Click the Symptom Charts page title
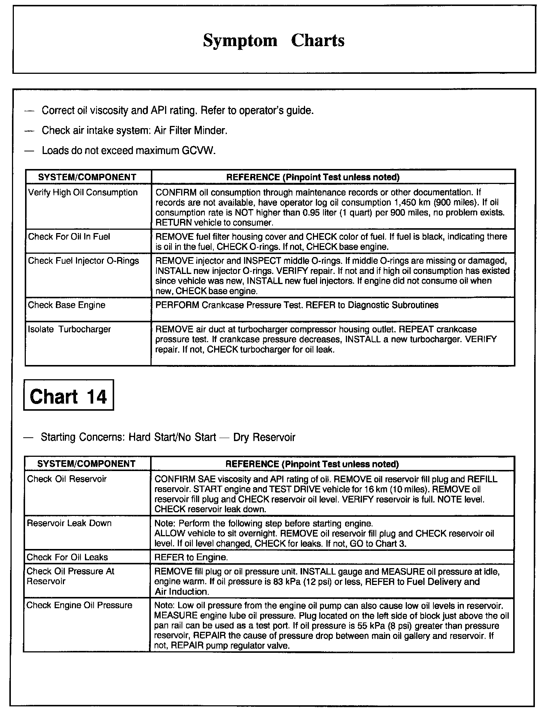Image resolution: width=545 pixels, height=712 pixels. pos(274,40)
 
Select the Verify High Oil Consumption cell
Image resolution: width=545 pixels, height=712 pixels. pos(83,193)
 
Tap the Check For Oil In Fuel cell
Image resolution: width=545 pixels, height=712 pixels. pos(69,237)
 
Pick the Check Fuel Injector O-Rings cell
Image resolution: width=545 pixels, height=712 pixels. pos(83,261)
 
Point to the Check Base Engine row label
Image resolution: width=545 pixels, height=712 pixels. pos(67,305)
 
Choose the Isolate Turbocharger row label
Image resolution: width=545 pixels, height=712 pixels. pos(70,329)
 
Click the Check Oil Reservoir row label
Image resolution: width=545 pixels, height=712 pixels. pos(67,479)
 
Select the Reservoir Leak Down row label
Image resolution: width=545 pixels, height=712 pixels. pos(69,523)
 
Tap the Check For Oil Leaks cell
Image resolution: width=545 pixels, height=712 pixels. pos(67,557)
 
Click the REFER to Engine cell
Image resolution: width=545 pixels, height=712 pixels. pos(191,557)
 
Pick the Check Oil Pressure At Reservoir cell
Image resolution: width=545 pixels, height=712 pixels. pos(70,576)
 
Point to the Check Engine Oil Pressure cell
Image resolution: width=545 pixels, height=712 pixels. pos(79,606)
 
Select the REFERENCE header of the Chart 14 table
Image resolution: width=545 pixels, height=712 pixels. pos(312,464)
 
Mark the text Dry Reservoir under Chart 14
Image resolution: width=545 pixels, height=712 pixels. pos(264,437)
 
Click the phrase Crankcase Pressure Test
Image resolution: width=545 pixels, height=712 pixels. pos(252,305)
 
